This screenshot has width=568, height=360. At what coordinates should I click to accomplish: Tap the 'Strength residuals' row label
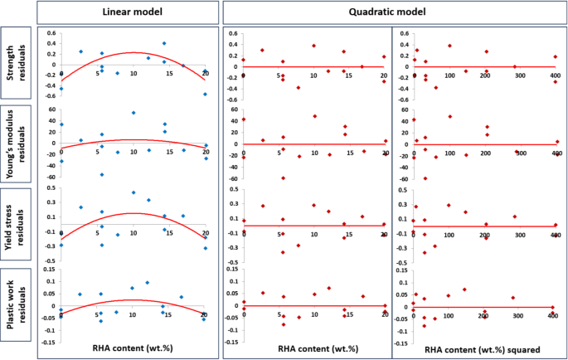(x=17, y=62)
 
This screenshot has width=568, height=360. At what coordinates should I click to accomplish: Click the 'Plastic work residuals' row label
(x=17, y=304)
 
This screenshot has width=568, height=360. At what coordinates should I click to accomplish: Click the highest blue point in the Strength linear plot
(x=164, y=43)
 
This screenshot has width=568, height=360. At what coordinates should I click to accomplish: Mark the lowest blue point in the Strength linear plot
(x=205, y=94)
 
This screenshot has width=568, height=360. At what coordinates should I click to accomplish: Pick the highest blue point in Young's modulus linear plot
(x=134, y=112)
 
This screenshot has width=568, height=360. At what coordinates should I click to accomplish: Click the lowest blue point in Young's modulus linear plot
(x=102, y=174)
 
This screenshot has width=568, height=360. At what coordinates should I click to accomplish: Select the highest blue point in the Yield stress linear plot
(x=134, y=192)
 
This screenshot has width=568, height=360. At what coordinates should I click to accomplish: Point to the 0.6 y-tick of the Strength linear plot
(x=51, y=34)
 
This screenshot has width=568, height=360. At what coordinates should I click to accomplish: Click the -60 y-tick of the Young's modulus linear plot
(x=50, y=175)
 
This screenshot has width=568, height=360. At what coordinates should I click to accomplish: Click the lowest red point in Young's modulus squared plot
(x=425, y=178)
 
